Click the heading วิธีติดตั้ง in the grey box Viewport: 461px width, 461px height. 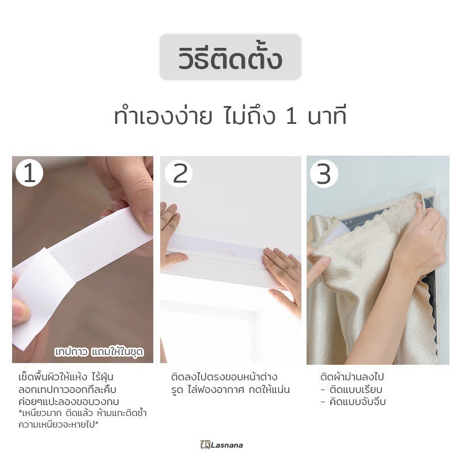(230, 58)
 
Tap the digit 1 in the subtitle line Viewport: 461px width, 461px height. (291, 117)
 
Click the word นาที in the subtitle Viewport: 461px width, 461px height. (327, 116)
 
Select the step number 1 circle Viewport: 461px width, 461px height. (29, 173)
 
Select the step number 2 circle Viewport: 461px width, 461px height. (179, 173)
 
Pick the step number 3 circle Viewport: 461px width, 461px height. (324, 174)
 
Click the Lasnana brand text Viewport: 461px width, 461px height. (226, 445)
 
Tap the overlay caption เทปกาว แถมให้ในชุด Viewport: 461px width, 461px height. (99, 352)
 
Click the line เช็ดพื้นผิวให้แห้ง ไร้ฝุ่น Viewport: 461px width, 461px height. (66, 376)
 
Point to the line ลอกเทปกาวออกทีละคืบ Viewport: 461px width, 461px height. (67, 390)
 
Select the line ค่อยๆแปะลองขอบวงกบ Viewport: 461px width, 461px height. (69, 401)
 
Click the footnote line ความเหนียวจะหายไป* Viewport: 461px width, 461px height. (58, 425)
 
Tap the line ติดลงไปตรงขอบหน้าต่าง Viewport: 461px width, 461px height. (224, 376)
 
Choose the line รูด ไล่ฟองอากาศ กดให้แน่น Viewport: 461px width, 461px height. (231, 390)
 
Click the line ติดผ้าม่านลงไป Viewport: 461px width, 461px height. (352, 376)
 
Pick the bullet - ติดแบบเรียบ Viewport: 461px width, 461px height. (352, 390)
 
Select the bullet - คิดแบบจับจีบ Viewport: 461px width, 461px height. (353, 401)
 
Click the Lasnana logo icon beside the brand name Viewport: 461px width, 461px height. (205, 445)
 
